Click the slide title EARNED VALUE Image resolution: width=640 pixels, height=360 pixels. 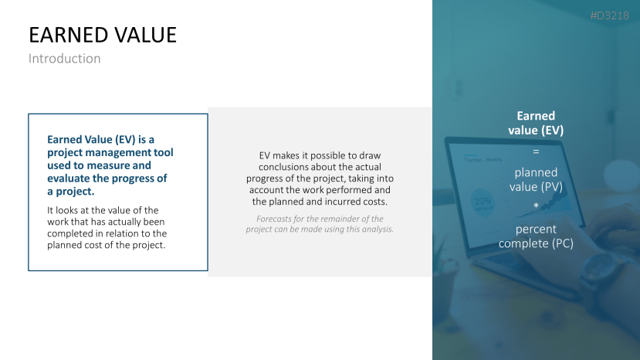pyautogui.click(x=103, y=35)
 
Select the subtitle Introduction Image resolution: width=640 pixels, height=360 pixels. pyautogui.click(x=65, y=59)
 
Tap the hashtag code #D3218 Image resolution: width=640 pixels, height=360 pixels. pyautogui.click(x=609, y=15)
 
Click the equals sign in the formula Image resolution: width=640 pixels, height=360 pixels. pyautogui.click(x=536, y=151)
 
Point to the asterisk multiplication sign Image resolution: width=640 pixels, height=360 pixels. pyautogui.click(x=536, y=205)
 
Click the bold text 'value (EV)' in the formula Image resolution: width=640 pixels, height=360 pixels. pyautogui.click(x=536, y=130)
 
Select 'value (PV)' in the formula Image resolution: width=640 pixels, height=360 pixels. pyautogui.click(x=536, y=187)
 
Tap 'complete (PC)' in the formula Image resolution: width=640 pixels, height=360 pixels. pyautogui.click(x=536, y=243)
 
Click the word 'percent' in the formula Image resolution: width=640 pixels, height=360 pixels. pyautogui.click(x=536, y=229)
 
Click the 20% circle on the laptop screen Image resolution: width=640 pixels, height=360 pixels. pyautogui.click(x=482, y=202)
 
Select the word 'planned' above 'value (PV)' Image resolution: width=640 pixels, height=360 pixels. pyautogui.click(x=536, y=172)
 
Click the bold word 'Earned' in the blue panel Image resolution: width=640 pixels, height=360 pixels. pyautogui.click(x=536, y=116)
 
